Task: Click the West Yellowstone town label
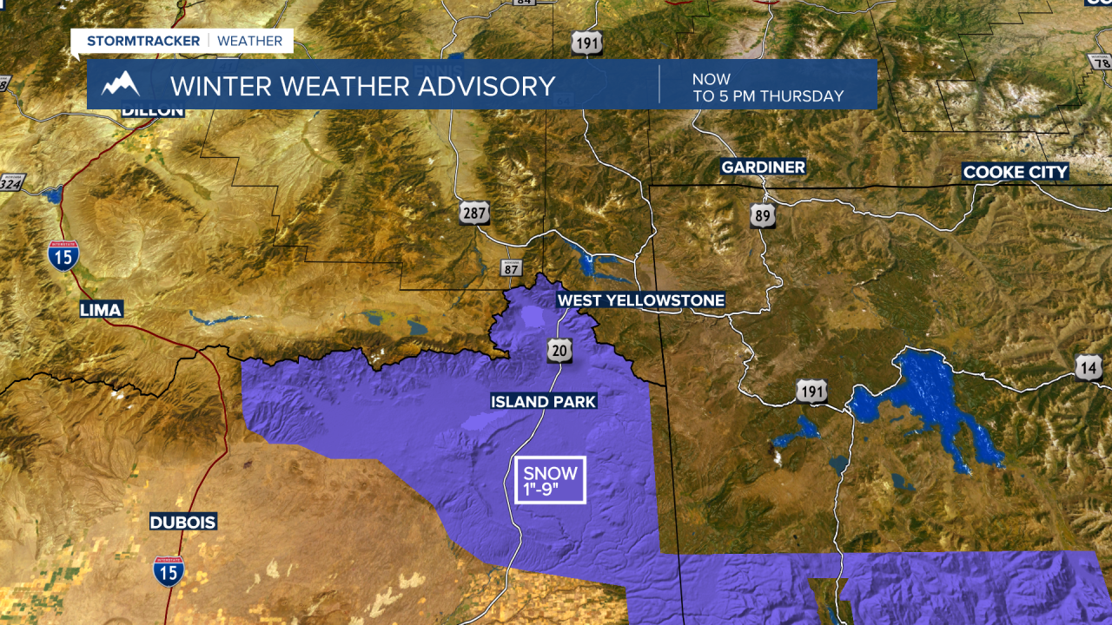pos(640,300)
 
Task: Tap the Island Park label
pos(543,401)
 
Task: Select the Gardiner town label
pos(764,167)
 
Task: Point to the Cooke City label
pos(1015,172)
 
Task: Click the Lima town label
pos(102,310)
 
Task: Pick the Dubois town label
pos(182,523)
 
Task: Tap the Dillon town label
pos(152,110)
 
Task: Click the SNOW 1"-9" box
pos(551,479)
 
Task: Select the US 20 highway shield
pos(559,350)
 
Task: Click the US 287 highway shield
pos(475,213)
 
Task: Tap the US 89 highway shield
pos(763,216)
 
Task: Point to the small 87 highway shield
pos(512,268)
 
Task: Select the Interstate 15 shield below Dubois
pos(169,571)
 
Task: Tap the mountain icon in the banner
pos(121,85)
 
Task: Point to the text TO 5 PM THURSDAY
pos(768,96)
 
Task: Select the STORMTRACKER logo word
pos(143,41)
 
